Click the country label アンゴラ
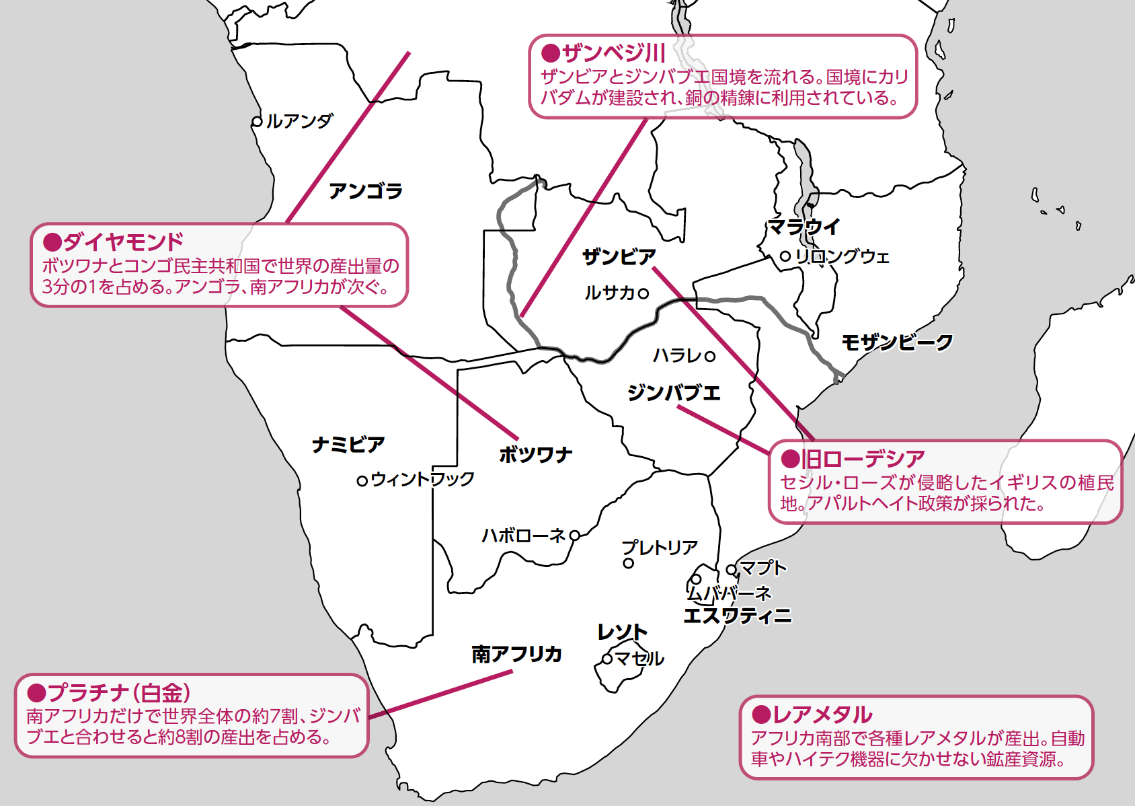click(x=365, y=191)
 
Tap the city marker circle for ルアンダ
click(x=257, y=122)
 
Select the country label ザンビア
click(x=619, y=256)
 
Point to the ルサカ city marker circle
click(x=643, y=293)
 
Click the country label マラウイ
click(x=804, y=227)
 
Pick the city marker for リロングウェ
click(x=785, y=256)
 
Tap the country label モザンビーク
click(x=897, y=342)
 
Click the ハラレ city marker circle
click(x=710, y=356)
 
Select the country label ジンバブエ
click(x=674, y=392)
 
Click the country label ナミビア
click(x=348, y=444)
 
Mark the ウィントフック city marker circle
click(x=362, y=480)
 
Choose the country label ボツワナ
click(x=535, y=455)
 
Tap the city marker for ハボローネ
click(x=575, y=536)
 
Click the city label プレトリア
click(x=660, y=548)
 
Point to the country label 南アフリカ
click(x=516, y=654)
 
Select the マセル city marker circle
click(x=607, y=659)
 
